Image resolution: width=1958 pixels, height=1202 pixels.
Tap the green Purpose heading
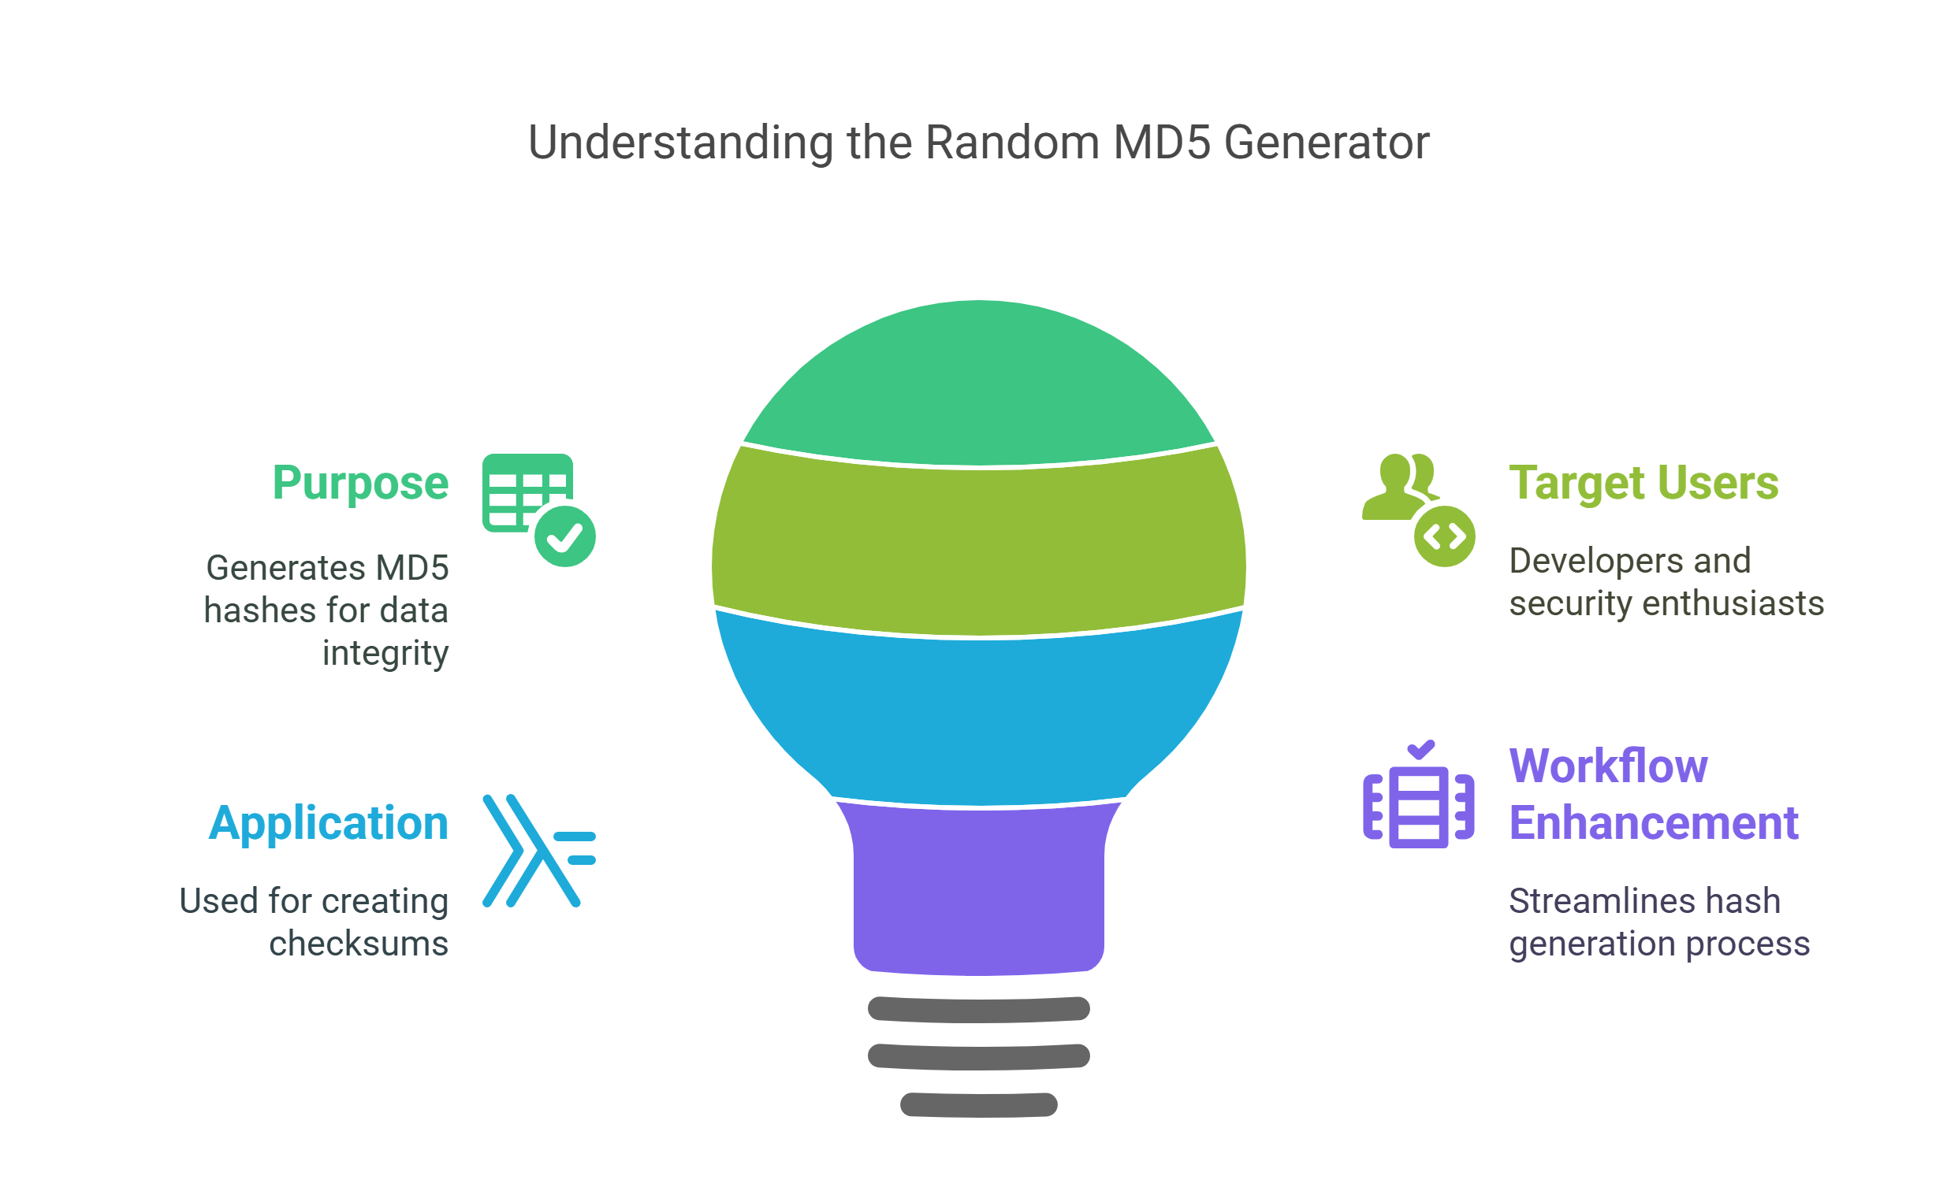click(x=360, y=484)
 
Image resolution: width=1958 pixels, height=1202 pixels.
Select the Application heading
click(x=329, y=823)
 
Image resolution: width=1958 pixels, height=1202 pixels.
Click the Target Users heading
click(x=1643, y=484)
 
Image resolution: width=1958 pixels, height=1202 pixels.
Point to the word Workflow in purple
click(x=1608, y=766)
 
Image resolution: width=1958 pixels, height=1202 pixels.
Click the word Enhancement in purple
click(x=1654, y=823)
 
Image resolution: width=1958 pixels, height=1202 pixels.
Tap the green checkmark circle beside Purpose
click(x=564, y=536)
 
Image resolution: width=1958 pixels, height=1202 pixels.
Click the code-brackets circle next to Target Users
click(x=1444, y=536)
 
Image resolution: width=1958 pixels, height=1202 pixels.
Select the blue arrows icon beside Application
click(x=538, y=851)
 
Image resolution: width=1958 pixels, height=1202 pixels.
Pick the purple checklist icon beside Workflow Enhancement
click(x=1418, y=795)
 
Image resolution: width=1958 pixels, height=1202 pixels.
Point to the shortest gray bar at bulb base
click(x=979, y=1105)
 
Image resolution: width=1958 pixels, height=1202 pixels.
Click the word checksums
click(x=359, y=944)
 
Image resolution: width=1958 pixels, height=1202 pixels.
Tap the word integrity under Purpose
click(x=385, y=655)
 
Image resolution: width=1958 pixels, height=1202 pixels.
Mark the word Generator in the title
click(x=1327, y=143)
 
